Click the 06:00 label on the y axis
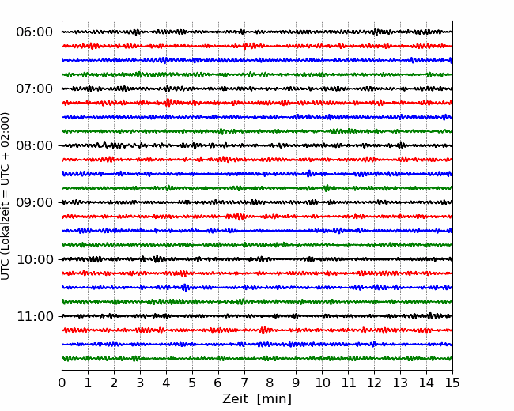[35, 32]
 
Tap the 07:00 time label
[35, 89]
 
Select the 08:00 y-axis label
[35, 145]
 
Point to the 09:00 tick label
[35, 202]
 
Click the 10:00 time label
[35, 259]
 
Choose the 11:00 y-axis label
[35, 316]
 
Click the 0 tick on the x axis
[62, 383]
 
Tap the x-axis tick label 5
[192, 383]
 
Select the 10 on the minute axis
[322, 383]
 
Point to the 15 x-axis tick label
[452, 383]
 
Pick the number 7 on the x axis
[244, 383]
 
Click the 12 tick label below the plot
[374, 383]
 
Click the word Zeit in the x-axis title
[234, 398]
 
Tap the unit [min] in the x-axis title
[274, 399]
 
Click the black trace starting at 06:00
[257, 32]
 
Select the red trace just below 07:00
[257, 103]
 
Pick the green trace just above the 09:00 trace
[257, 188]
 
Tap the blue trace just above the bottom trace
[257, 344]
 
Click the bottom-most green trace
[257, 359]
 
